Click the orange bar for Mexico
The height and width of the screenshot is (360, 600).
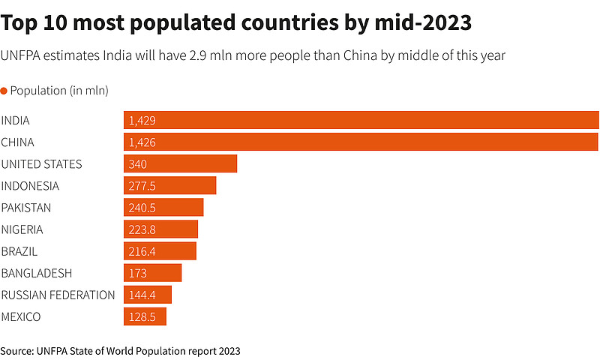145,317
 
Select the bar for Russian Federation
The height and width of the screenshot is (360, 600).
148,295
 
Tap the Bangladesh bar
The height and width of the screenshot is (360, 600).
152,273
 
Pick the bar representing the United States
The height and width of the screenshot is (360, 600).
180,164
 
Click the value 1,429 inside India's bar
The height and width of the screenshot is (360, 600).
142,120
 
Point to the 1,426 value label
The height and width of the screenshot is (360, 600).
142,142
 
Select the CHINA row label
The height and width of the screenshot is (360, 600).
17,142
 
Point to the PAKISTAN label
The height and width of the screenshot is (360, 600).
26,208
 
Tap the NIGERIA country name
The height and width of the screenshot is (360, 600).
22,229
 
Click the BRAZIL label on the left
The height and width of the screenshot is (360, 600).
19,251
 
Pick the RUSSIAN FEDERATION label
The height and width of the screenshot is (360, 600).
58,295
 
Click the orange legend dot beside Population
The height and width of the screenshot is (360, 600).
4,91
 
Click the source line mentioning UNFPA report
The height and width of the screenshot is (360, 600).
120,350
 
